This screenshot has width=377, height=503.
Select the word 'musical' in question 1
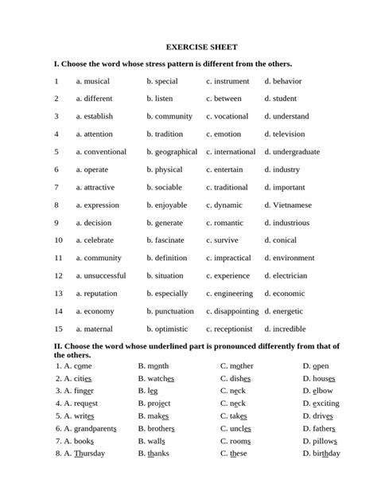tap(97, 81)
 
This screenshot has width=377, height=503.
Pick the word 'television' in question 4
tap(289, 135)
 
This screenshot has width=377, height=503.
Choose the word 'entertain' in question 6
tap(229, 170)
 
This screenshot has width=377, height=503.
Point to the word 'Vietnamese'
tap(292, 205)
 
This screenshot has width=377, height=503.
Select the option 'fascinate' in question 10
tap(169, 240)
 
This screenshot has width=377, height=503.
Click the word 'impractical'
tap(232, 258)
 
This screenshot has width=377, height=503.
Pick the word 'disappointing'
tap(237, 311)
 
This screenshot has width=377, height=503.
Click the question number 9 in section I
tap(56, 223)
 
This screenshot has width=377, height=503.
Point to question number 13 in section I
tap(58, 294)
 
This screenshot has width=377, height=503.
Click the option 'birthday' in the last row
tap(327, 454)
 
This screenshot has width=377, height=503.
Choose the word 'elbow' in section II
tap(323, 391)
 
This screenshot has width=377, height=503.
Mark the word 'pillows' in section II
tap(325, 441)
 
